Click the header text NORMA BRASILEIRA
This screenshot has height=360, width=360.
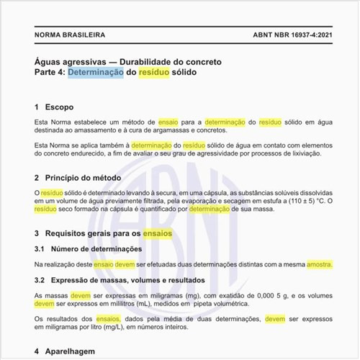click(69, 34)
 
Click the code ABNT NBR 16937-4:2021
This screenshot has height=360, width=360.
click(293, 34)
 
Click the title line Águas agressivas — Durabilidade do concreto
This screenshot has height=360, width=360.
click(128, 61)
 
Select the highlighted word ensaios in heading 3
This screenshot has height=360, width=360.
click(158, 234)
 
